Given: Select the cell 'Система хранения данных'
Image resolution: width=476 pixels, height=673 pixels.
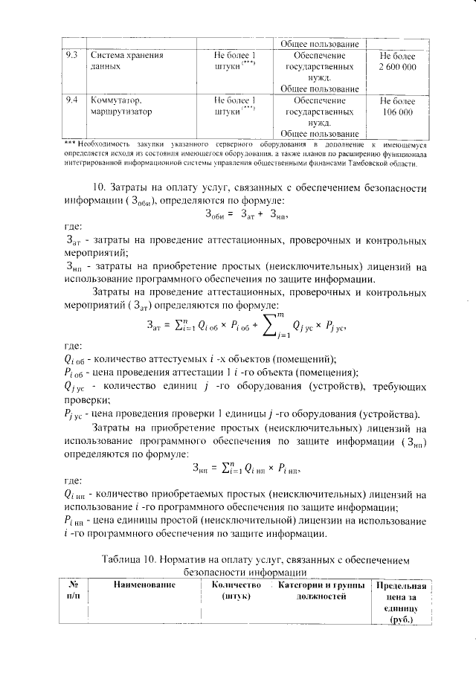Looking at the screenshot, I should (x=126, y=61).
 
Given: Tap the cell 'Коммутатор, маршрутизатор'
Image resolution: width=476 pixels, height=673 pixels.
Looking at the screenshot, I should (x=121, y=105).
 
